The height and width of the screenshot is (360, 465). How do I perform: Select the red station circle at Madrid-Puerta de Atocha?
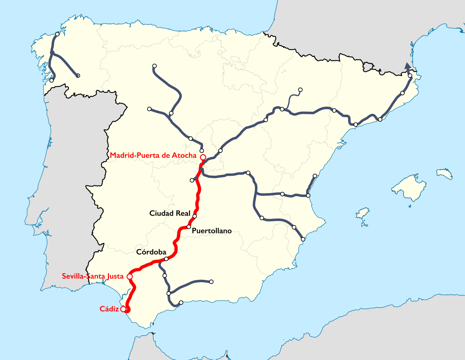[x=203, y=157]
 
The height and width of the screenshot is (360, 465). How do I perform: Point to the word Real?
[x=183, y=213]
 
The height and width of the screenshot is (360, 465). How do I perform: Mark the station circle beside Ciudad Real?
[x=194, y=216]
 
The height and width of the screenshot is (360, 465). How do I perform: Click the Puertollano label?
[x=211, y=231]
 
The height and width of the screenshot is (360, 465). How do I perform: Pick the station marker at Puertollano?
[x=189, y=227]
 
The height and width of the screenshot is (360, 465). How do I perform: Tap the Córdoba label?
[x=151, y=252]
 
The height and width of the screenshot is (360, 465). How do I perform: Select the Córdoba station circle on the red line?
[x=166, y=259]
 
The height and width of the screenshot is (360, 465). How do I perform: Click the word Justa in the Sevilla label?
[x=116, y=276]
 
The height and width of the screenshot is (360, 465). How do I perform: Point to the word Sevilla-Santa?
[x=84, y=276]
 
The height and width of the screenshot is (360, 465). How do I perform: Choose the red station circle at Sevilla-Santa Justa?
[x=129, y=277]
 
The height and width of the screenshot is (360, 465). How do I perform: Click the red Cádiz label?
[x=109, y=309]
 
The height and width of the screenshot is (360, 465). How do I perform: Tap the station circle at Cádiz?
[x=124, y=309]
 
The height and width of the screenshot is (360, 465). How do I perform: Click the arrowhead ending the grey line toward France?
[x=408, y=66]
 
